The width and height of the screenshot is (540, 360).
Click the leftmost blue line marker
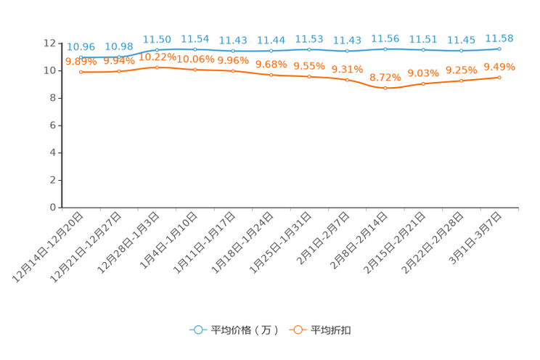[81, 56]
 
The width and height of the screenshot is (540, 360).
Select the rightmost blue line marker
[499, 49]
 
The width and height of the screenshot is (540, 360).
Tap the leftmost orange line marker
[81, 72]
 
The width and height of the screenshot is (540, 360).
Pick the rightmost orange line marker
[499, 76]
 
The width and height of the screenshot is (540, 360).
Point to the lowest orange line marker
[385, 87]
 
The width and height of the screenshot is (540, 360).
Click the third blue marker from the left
[157, 49]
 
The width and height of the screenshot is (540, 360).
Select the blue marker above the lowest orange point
[385, 49]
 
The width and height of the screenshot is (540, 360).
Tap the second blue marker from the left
[119, 56]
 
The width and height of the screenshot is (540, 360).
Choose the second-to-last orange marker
[461, 80]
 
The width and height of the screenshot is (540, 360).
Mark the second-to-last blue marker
[461, 51]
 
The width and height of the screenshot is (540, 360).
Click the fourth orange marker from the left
[195, 69]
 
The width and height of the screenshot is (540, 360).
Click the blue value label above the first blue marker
[81, 46]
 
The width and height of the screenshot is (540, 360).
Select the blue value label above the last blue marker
[499, 38]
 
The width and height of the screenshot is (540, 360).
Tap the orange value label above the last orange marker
[499, 66]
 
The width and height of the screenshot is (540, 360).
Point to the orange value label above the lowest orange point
[385, 77]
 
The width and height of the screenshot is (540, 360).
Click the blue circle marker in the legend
[197, 330]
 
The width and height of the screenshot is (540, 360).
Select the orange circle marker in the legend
[297, 330]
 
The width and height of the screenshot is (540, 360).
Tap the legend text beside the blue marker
[244, 330]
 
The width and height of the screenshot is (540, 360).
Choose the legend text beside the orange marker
[332, 330]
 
